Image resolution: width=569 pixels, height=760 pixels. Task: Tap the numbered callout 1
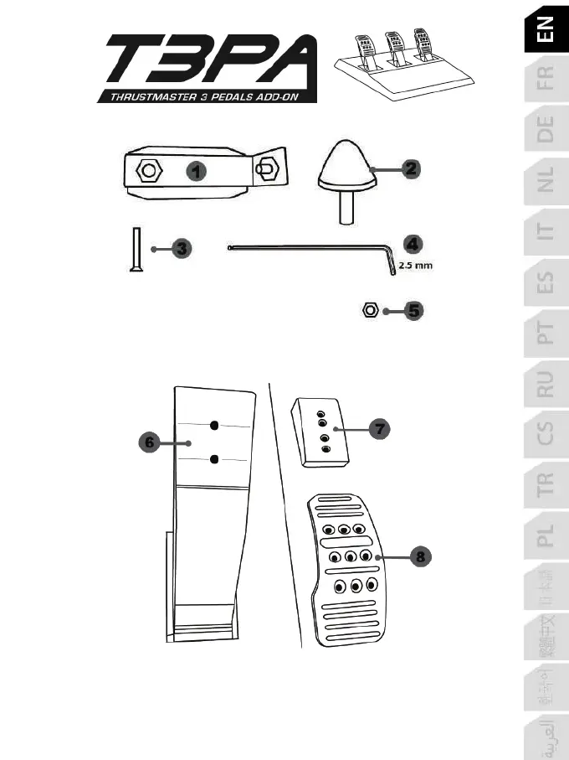click(x=195, y=172)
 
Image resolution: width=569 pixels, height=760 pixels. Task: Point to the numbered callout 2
click(x=409, y=168)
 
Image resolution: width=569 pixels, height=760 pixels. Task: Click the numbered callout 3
click(x=182, y=248)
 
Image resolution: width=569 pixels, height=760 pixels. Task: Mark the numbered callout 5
click(x=413, y=311)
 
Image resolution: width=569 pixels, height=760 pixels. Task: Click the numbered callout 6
click(x=150, y=442)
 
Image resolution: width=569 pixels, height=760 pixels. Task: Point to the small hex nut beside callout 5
click(x=368, y=311)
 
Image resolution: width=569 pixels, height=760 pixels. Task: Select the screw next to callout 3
click(x=134, y=248)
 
